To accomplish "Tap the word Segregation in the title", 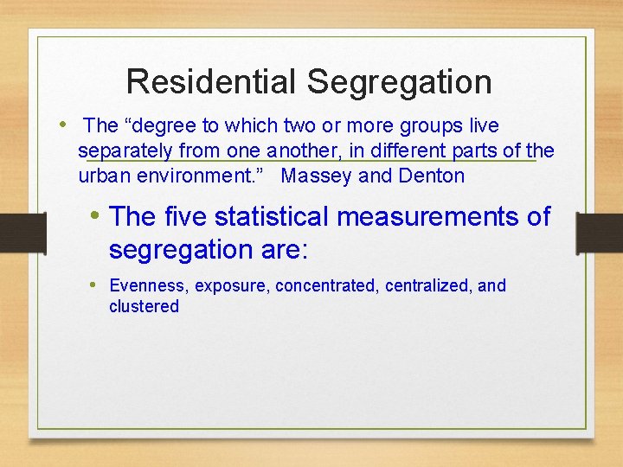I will click(x=399, y=82).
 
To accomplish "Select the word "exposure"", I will click(x=234, y=286).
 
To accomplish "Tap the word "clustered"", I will click(x=144, y=307).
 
